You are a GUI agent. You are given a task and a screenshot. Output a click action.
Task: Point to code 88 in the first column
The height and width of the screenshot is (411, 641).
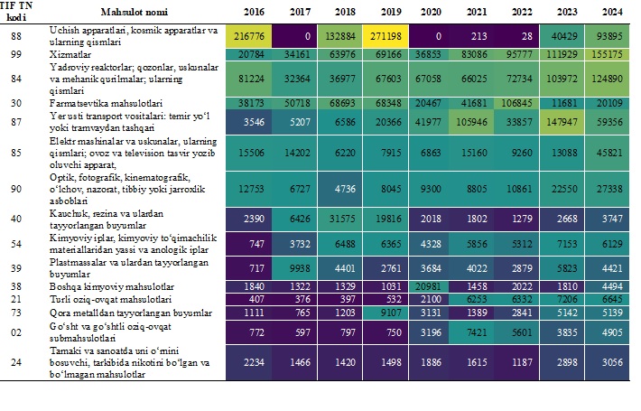[16, 37]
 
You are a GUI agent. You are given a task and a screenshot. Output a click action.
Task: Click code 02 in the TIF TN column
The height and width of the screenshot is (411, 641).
[16, 332]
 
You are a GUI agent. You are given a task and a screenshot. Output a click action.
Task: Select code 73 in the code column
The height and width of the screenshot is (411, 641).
[16, 312]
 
